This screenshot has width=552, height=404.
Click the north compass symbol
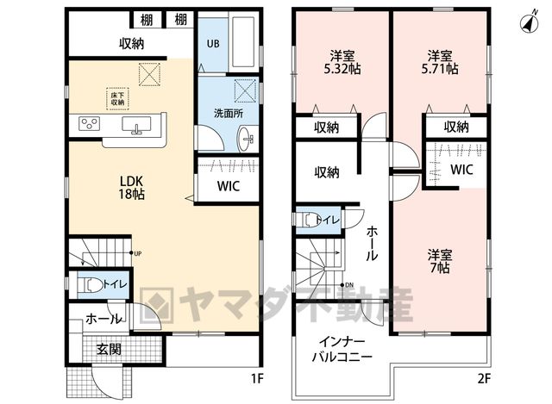[x=529, y=23]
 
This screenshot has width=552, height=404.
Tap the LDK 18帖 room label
[x=131, y=188]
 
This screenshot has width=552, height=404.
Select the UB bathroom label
[x=213, y=44]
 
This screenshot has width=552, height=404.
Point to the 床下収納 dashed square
[x=117, y=99]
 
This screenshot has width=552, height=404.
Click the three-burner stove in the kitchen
[x=89, y=123]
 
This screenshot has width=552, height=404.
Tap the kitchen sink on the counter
[x=136, y=125]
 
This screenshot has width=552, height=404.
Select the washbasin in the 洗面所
[x=246, y=139]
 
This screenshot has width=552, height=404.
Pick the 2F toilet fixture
[x=310, y=221]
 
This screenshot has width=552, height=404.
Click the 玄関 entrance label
[x=110, y=349]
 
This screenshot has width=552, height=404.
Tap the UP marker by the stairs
[x=136, y=253]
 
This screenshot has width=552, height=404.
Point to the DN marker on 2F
[x=347, y=285]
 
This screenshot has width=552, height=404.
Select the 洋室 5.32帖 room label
[x=342, y=62]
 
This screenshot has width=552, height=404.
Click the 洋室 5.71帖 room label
[x=440, y=62]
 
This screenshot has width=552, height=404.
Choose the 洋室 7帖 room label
[x=440, y=261]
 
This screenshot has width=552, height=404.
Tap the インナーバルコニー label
[x=342, y=349]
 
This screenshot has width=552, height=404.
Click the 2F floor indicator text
[x=484, y=378]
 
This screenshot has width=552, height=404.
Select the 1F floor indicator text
[x=257, y=378]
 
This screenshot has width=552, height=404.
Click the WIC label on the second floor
[x=461, y=170]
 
